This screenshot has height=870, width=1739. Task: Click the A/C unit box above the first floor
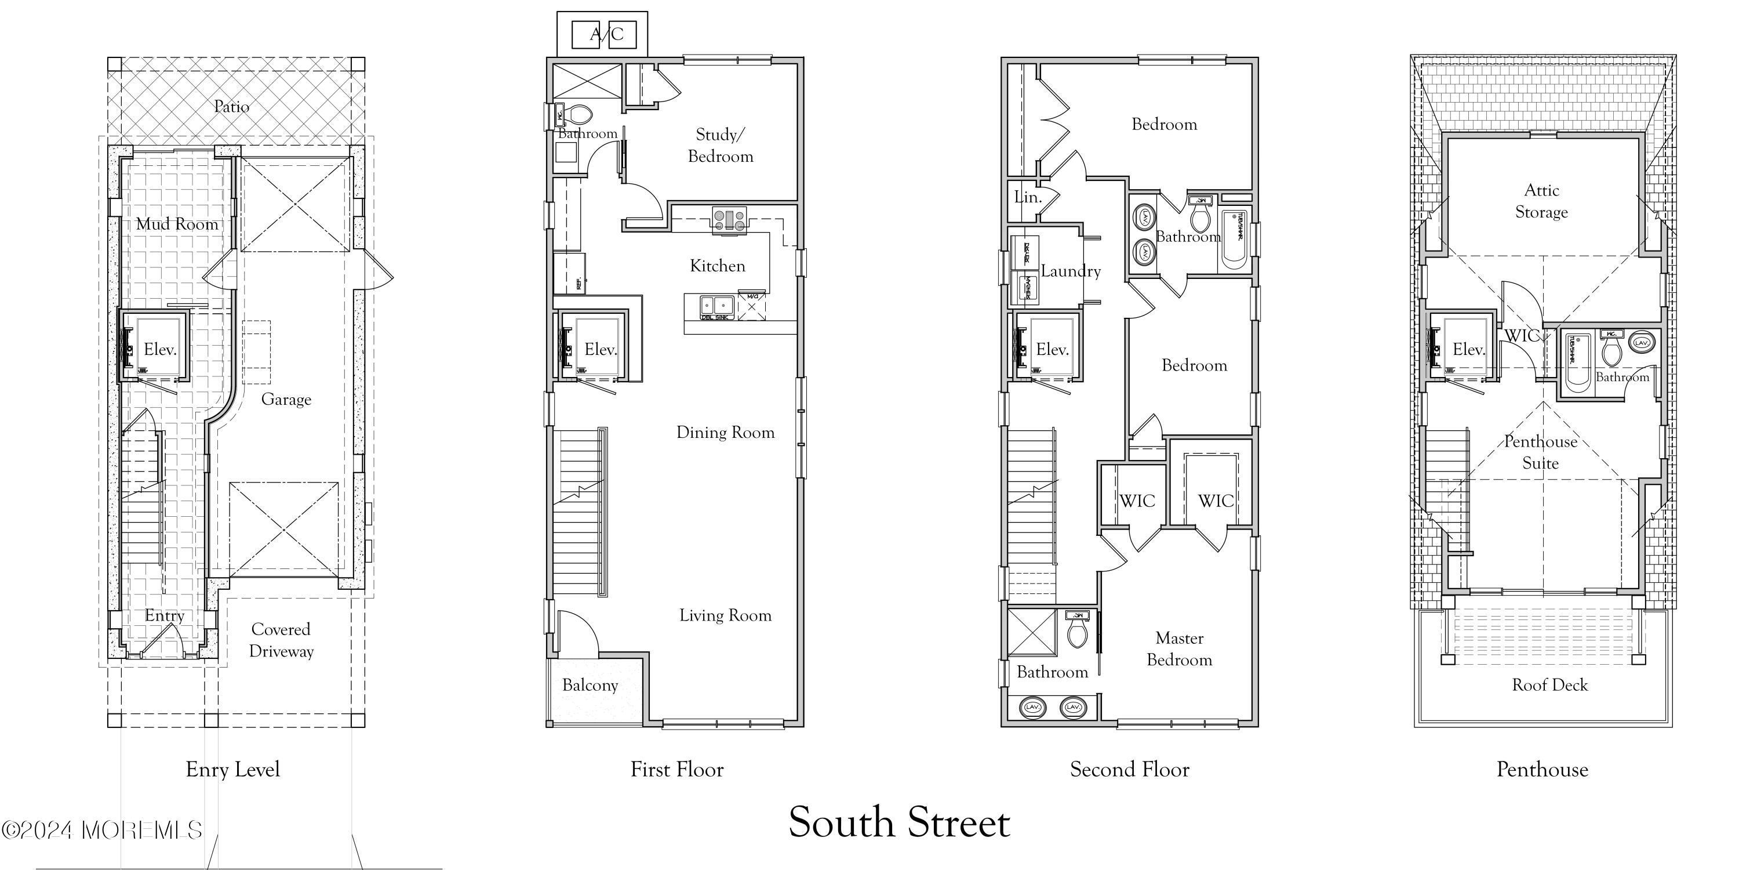click(x=603, y=34)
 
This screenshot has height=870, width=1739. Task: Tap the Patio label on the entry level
click(x=231, y=107)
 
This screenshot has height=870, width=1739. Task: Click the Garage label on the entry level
click(x=286, y=399)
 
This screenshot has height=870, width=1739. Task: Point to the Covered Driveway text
click(x=281, y=640)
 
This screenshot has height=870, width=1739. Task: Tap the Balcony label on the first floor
click(x=590, y=686)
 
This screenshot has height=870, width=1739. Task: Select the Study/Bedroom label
click(x=721, y=145)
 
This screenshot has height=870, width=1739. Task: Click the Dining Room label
click(x=726, y=432)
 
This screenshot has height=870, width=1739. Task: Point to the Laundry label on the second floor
click(x=1071, y=271)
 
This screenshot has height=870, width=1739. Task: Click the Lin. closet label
click(x=1028, y=197)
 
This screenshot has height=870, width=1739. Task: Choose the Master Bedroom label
click(x=1180, y=649)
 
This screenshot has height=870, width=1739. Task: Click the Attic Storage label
click(x=1541, y=201)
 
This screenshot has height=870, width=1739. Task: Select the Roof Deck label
click(x=1550, y=685)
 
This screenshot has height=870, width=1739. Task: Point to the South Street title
click(x=899, y=822)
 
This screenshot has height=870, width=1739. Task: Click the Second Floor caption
click(x=1129, y=769)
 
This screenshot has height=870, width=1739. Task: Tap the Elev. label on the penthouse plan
click(x=1468, y=349)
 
